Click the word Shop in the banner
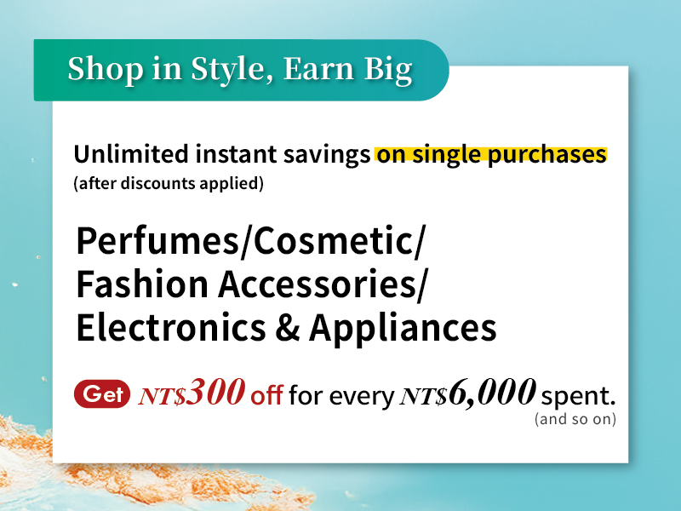pos(105,69)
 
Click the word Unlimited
pos(131,154)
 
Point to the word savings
pos(327,155)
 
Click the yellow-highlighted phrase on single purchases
pos(491,155)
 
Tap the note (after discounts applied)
pos(169,183)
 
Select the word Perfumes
pos(157,240)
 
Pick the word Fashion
pos(142,284)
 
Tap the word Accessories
pos(317,284)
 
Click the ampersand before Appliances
pos(287,327)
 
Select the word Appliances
pos(403,329)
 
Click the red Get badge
pos(102,393)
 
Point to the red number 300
pos(215,392)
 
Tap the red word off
pos(266,394)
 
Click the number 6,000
pos(492,393)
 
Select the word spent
pos(579,395)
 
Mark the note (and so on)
pos(575,418)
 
